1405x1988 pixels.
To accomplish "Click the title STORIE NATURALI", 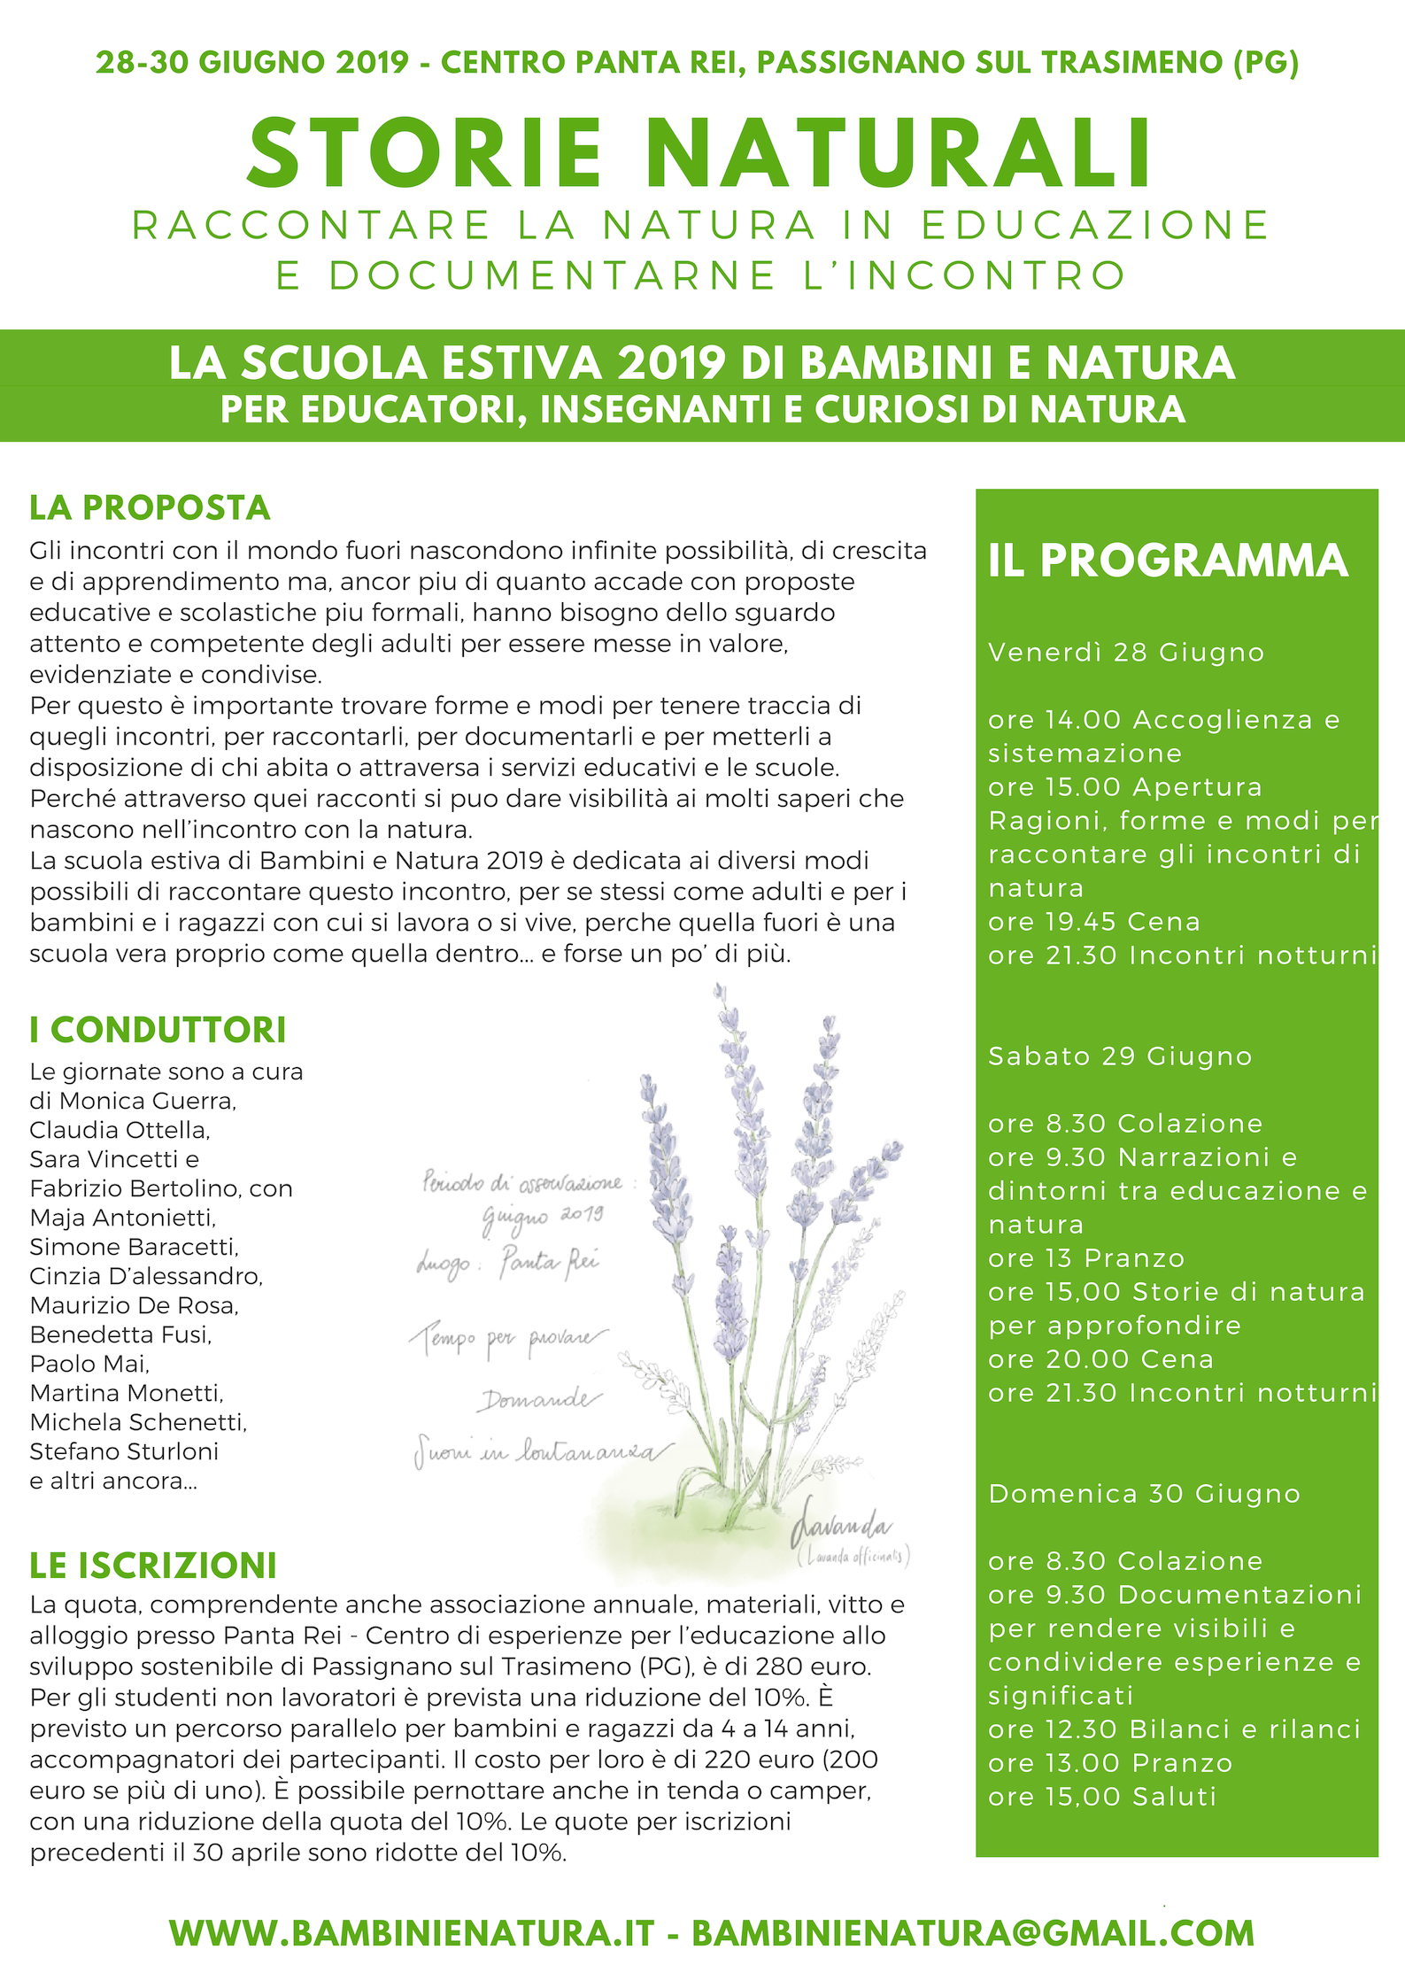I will click(x=699, y=154).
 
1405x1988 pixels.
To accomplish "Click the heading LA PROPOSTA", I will click(x=150, y=507).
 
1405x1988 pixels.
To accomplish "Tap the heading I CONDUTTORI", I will click(x=158, y=1030).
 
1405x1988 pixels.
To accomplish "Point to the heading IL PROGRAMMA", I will click(x=1168, y=561).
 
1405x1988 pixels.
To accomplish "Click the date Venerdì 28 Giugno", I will click(x=1125, y=652).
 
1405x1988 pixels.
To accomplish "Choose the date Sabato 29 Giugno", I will click(x=1120, y=1056).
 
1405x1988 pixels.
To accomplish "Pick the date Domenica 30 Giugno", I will click(x=1144, y=1493).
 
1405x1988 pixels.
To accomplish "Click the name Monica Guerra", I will click(x=147, y=1101).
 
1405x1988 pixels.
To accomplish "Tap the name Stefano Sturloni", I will click(x=124, y=1451).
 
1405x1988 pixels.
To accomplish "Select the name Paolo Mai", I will click(x=89, y=1364).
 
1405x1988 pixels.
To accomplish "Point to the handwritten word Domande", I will click(x=540, y=1400).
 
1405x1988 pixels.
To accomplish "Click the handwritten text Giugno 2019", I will click(x=543, y=1217).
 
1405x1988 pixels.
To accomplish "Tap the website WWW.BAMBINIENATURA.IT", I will click(x=412, y=1933).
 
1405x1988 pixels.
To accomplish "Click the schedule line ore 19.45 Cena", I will click(x=1093, y=921).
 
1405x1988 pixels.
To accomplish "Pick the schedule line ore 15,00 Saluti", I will click(x=1102, y=1796).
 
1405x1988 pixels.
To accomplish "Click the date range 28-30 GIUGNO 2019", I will click(x=252, y=62).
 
